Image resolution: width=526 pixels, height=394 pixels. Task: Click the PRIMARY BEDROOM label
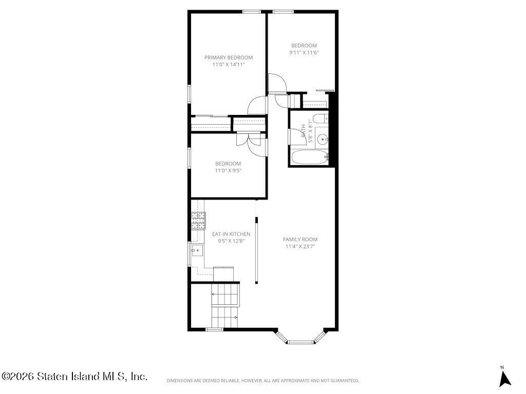coord(229,57)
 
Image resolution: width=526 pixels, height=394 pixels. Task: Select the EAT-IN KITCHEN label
coord(231,234)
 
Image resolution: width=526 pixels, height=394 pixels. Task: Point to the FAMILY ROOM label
coord(300,240)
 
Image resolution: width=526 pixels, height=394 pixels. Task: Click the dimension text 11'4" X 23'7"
coord(300,246)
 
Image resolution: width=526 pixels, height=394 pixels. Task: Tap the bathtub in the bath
coord(309,157)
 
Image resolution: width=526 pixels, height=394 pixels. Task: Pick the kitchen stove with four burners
coord(198,221)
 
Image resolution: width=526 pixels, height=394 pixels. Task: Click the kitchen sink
coord(197,250)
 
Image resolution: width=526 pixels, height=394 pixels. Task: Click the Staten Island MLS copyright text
coord(74,377)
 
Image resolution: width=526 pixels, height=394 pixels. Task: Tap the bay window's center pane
coord(300,341)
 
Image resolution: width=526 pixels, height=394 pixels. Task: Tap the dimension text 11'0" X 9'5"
coord(228,170)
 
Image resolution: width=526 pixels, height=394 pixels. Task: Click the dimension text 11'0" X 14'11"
coord(229,65)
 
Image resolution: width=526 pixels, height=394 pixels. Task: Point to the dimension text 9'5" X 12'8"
coord(231,241)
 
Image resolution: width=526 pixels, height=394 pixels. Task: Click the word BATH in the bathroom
coord(304,129)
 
